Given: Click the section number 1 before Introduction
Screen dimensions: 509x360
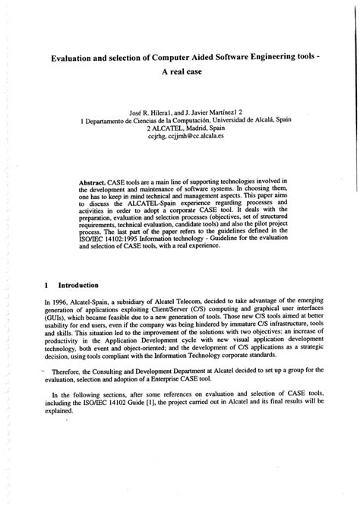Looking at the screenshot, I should (x=47, y=285).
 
